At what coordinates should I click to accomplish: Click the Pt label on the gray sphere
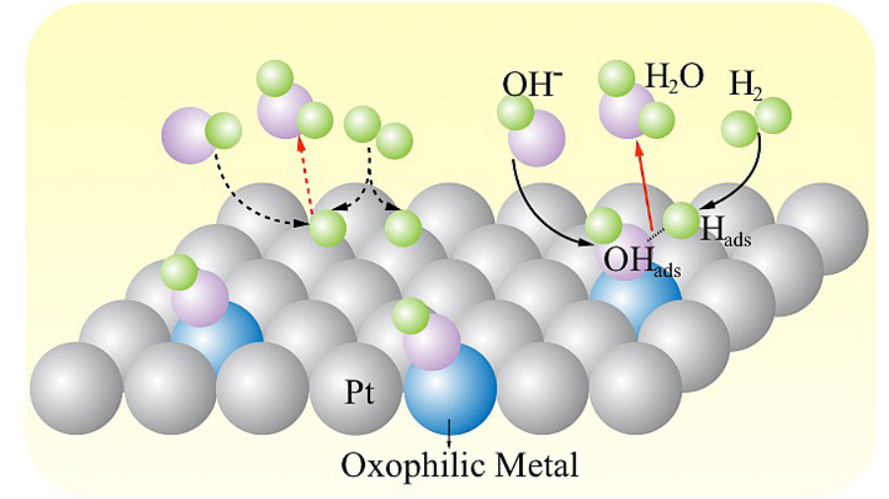coord(359,392)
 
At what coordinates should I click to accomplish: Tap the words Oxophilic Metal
coord(460,465)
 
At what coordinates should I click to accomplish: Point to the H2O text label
coord(675,76)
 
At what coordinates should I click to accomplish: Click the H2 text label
coord(745,86)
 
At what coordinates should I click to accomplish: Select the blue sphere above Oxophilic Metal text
coord(451,388)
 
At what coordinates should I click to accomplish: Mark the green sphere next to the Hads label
coord(681,220)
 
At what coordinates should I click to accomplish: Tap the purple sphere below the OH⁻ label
coord(537,138)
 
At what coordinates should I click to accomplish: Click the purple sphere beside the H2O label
coord(626,111)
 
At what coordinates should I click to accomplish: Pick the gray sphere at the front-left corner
coord(76,388)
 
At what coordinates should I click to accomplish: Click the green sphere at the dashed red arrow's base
coord(328,228)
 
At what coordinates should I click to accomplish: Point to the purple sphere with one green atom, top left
coord(189,135)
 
